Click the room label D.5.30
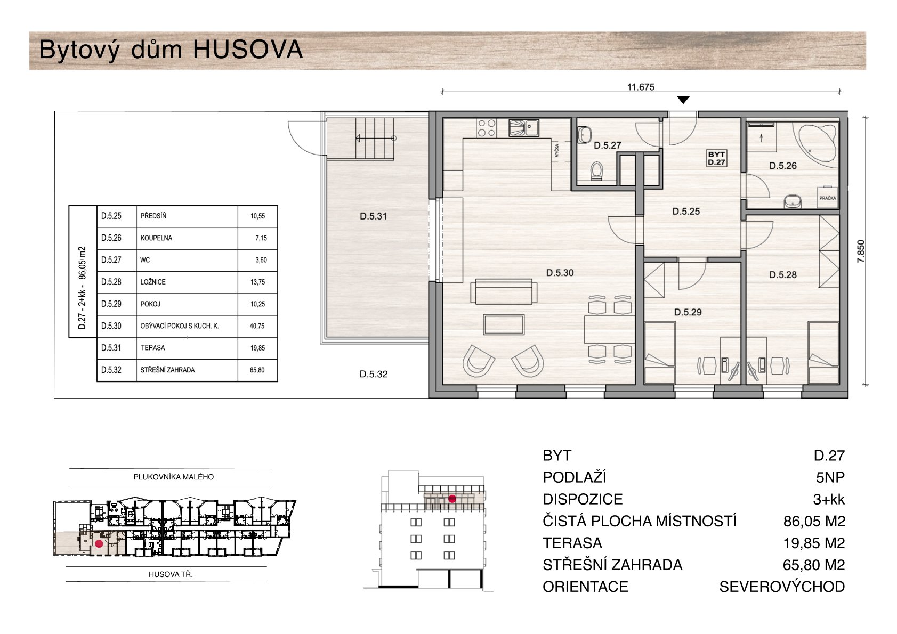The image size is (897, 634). (560, 273)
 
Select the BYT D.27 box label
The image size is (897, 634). (716, 158)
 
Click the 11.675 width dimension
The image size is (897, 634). (641, 87)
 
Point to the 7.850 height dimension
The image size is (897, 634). (861, 251)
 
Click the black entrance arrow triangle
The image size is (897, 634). (683, 100)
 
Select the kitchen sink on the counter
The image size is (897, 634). (524, 128)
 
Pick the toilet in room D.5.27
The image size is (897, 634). (596, 172)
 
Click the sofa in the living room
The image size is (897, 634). (504, 291)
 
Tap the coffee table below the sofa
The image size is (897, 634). (504, 324)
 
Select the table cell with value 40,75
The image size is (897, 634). (257, 326)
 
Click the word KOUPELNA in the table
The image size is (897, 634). (156, 238)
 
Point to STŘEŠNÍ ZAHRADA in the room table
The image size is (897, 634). (167, 370)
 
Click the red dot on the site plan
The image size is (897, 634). (99, 544)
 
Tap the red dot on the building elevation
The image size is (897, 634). (452, 499)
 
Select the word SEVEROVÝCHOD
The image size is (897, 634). (782, 587)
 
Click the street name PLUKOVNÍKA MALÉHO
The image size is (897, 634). (173, 477)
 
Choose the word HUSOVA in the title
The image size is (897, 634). (247, 50)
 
